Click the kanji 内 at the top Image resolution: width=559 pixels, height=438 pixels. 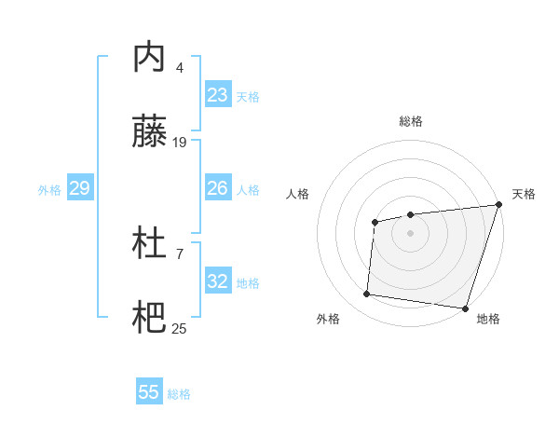[151, 58]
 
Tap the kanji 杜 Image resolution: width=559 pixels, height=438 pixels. [151, 244]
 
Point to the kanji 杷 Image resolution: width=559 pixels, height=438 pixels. [151, 319]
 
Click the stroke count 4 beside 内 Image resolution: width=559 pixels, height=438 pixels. [180, 67]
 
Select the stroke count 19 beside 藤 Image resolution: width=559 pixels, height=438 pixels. [180, 143]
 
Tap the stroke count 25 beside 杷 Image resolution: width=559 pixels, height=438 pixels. [180, 328]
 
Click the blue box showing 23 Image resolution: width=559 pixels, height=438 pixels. [218, 95]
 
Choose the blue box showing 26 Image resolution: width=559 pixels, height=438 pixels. [218, 188]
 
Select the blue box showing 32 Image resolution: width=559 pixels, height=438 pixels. [218, 281]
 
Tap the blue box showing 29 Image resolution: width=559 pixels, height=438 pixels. [79, 188]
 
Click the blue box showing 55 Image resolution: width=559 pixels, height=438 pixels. [149, 392]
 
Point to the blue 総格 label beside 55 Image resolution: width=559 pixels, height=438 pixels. [179, 394]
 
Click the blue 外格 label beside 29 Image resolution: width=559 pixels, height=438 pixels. [49, 190]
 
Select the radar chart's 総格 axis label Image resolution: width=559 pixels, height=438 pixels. [410, 121]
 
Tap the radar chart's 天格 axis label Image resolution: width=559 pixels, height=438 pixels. [524, 194]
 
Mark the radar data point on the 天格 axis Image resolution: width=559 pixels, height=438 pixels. [498, 205]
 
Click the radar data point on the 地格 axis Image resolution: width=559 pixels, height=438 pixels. [465, 308]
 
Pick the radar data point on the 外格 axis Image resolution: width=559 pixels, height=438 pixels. [367, 294]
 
